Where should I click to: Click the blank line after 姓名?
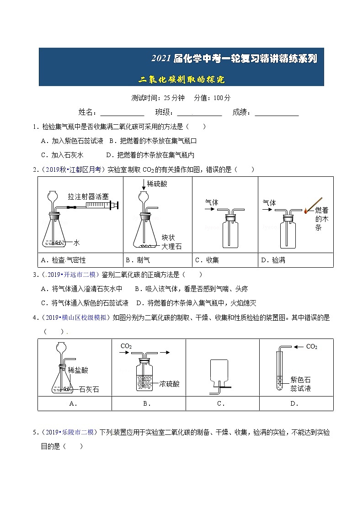click(122, 114)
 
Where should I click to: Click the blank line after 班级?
click(199, 114)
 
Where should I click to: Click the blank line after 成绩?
click(277, 114)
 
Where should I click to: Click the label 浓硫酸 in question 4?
click(170, 384)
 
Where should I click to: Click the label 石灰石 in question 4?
click(89, 390)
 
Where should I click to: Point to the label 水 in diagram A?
click(77, 243)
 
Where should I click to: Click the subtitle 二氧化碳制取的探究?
click(181, 79)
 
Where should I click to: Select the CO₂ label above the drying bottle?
click(126, 346)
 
